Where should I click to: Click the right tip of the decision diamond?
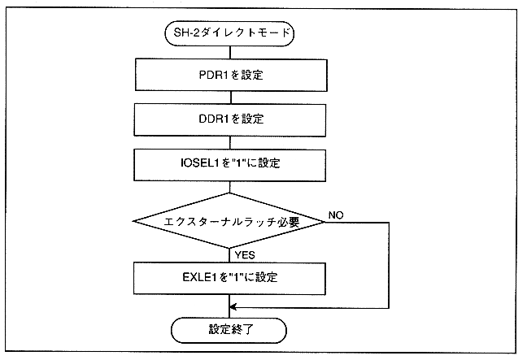coord(325,221)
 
